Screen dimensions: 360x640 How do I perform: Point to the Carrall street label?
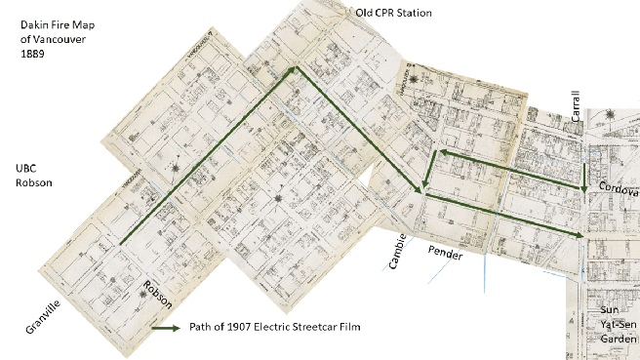[x=577, y=107]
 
